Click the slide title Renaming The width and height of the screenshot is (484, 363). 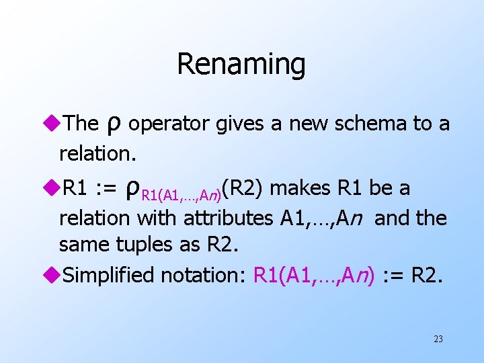241,65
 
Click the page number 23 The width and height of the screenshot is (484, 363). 438,339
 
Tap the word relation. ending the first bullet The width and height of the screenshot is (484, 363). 97,153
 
